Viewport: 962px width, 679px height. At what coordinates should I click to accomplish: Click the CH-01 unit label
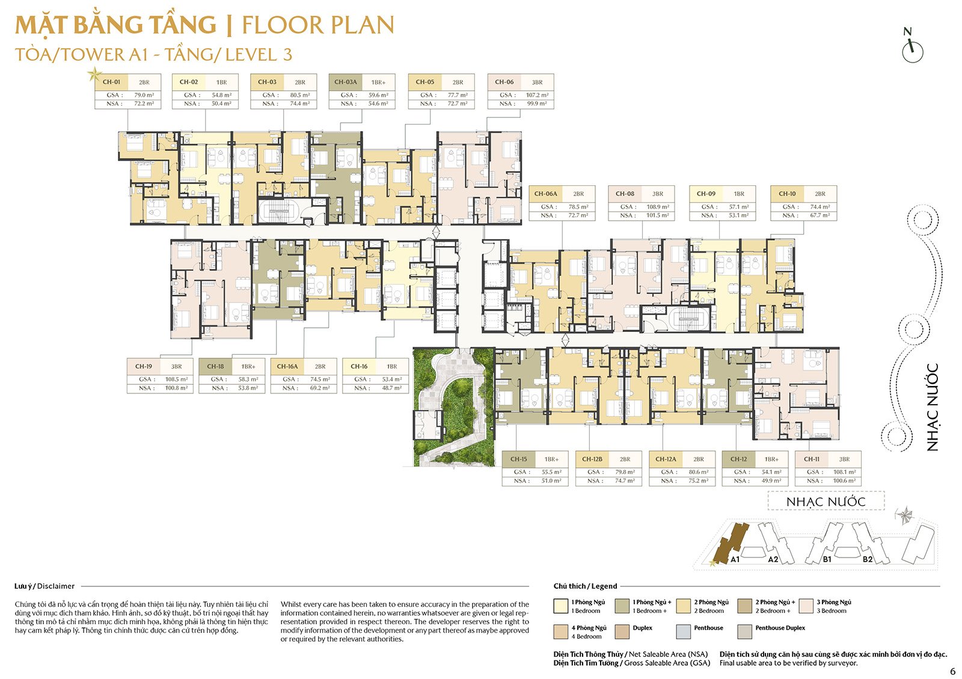(112, 82)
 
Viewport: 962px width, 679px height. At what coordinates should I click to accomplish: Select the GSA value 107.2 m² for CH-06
(536, 95)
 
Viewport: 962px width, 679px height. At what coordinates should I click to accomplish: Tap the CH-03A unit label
(346, 82)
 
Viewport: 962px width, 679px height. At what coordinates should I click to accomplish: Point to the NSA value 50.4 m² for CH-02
(221, 104)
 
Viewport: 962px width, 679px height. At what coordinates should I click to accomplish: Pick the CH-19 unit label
(144, 366)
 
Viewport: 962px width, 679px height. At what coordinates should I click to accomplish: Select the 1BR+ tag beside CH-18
(248, 367)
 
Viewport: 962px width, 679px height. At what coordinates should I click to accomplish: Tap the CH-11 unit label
(812, 459)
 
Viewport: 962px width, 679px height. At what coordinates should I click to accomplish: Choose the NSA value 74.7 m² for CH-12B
(625, 481)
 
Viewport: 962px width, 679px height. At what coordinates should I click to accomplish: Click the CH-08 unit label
(625, 194)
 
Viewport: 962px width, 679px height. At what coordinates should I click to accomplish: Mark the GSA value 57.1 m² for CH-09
(739, 207)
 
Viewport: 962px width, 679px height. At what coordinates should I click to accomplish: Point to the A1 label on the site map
(735, 559)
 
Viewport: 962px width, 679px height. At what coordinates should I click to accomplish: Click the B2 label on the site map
(868, 559)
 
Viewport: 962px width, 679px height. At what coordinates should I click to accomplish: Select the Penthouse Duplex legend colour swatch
(744, 631)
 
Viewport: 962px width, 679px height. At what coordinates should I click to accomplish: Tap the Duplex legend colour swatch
(622, 631)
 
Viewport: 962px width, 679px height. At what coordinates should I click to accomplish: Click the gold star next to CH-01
(94, 75)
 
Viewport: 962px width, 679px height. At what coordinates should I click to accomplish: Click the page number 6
(952, 672)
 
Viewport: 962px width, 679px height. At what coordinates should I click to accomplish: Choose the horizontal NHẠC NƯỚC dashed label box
(826, 501)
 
